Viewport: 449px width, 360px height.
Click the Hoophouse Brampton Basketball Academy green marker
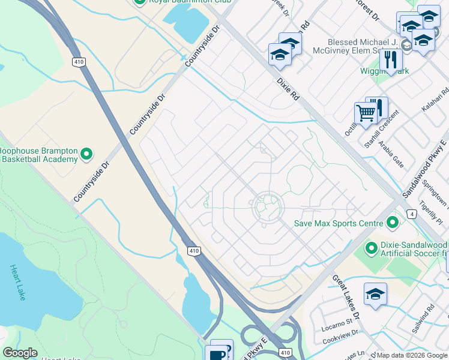coord(86,154)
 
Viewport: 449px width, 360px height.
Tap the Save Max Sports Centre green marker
coord(393,223)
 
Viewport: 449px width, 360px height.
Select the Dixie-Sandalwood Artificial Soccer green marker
coord(370,246)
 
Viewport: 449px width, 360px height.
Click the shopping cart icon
coord(365,112)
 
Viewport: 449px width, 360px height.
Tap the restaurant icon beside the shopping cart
coord(377,107)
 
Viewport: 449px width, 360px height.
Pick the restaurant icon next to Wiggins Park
coord(391,59)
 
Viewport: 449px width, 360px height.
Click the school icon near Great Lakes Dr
coord(375,293)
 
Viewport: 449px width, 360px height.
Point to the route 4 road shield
coord(411,214)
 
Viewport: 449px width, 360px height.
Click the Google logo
coord(20,353)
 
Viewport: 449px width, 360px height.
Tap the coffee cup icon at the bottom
coord(217,354)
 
